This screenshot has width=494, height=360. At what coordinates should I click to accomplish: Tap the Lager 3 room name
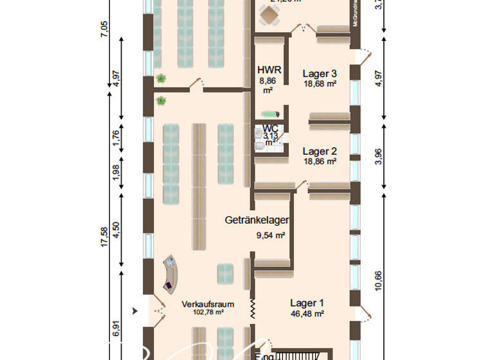pos(320,73)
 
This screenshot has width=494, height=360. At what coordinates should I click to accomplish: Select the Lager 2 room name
pos(320,151)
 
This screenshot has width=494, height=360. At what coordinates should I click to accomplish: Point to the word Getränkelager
pos(257,220)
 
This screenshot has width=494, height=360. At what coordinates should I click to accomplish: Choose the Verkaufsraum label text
pos(207,304)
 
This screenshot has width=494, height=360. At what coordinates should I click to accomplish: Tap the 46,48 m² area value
pos(307,314)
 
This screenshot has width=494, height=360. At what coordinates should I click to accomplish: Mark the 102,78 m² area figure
pos(207,312)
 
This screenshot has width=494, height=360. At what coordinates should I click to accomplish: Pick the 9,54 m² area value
pos(270,235)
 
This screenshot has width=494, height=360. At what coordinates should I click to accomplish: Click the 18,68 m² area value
pos(320,84)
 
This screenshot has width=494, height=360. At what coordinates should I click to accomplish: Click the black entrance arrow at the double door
pos(134,311)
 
